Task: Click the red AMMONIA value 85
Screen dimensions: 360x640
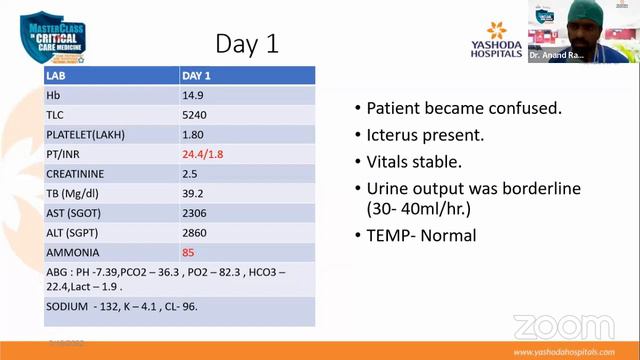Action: click(x=188, y=252)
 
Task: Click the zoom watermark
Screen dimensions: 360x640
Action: click(x=563, y=326)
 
